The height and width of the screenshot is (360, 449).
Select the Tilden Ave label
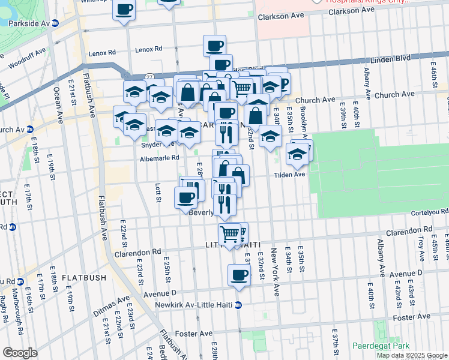(290, 175)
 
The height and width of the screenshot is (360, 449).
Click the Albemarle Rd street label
(159, 158)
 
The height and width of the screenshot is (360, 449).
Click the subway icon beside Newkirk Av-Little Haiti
(238, 305)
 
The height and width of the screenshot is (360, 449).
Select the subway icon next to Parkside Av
(55, 23)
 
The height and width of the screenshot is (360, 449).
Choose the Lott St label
(158, 193)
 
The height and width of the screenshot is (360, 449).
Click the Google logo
(20, 353)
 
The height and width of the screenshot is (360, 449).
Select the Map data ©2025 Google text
(412, 355)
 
